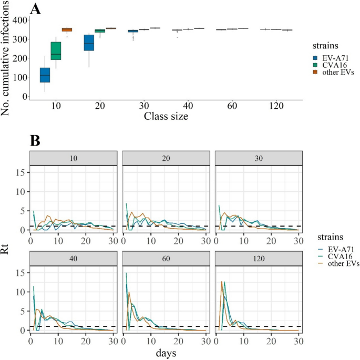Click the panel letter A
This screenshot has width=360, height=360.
point(36,8)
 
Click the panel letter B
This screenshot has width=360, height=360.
point(35,140)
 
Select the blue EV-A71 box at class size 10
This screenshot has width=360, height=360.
point(45,75)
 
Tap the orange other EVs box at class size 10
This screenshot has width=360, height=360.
point(67,29)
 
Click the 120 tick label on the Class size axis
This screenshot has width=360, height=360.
point(275,106)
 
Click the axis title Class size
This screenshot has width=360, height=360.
point(166,116)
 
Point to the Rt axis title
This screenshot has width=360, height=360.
point(6,242)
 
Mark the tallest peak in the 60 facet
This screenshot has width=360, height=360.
point(126,287)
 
